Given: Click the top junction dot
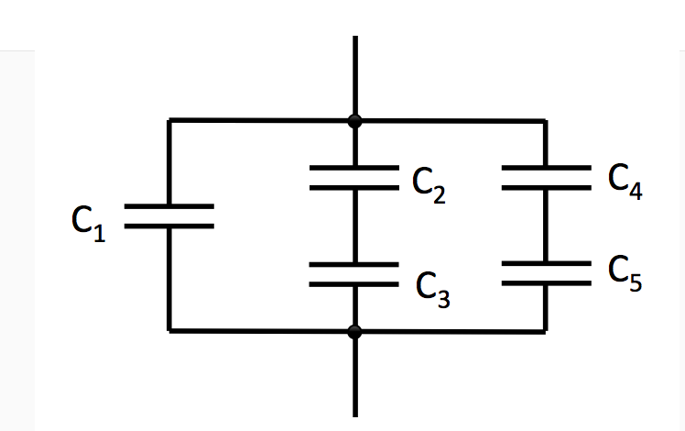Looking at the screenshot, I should click(x=355, y=120).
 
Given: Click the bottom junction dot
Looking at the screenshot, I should click(x=355, y=332).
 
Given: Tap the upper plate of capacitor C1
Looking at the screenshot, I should click(x=169, y=207).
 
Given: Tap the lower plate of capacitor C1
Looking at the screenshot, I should click(x=169, y=226).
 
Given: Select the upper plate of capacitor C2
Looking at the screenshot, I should click(x=354, y=169).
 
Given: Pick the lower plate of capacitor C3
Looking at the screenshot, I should click(x=354, y=283).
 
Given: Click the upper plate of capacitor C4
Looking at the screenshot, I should click(x=546, y=168).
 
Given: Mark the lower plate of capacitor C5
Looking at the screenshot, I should click(x=546, y=282).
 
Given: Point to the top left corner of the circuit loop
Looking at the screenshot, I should click(x=169, y=120).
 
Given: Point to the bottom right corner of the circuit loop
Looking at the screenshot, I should click(x=546, y=331).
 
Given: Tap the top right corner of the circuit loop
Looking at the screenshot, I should click(x=546, y=121).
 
